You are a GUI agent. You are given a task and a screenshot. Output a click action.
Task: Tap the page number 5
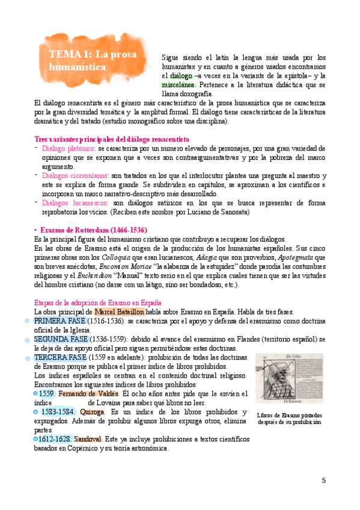(x=324, y=480)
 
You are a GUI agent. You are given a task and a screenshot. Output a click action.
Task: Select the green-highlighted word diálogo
(x=181, y=76)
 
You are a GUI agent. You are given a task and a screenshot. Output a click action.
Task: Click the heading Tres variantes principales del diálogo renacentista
(x=111, y=138)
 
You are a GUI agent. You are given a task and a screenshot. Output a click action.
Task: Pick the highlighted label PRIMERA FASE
(x=60, y=322)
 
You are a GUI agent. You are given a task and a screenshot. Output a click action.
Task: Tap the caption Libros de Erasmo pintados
(x=289, y=415)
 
